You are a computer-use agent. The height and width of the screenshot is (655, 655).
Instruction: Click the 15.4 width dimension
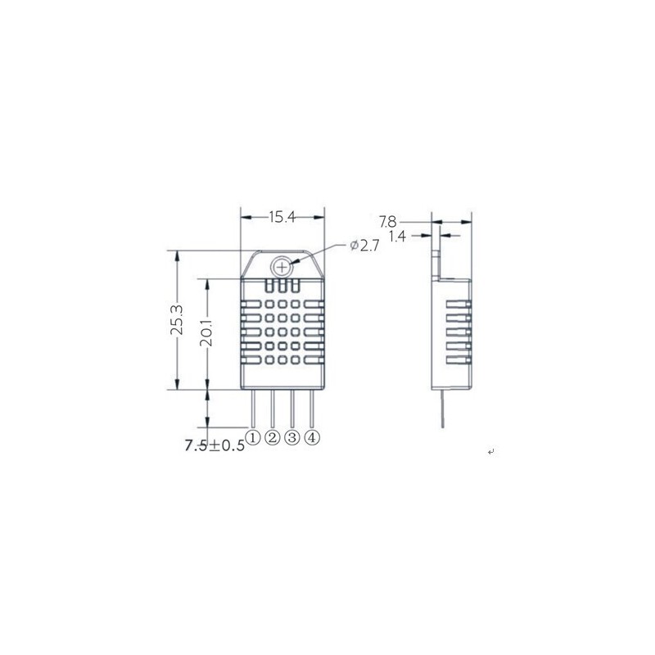tap(282, 217)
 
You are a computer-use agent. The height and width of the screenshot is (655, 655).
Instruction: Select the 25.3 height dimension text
tap(177, 319)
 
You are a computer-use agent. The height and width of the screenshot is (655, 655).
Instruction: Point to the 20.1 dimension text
tap(206, 333)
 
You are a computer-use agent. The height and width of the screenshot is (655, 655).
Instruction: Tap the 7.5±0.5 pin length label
tap(215, 445)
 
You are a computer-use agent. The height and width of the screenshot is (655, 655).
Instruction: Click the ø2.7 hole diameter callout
tap(364, 246)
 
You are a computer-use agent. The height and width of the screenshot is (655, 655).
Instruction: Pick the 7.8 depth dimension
tap(387, 221)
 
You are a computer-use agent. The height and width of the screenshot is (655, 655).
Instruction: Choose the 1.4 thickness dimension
tap(397, 237)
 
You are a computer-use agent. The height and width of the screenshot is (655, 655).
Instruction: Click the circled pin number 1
tap(253, 437)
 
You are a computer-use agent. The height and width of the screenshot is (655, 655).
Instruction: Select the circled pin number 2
tap(273, 437)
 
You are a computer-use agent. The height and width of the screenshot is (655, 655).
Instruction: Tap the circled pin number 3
tap(292, 437)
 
